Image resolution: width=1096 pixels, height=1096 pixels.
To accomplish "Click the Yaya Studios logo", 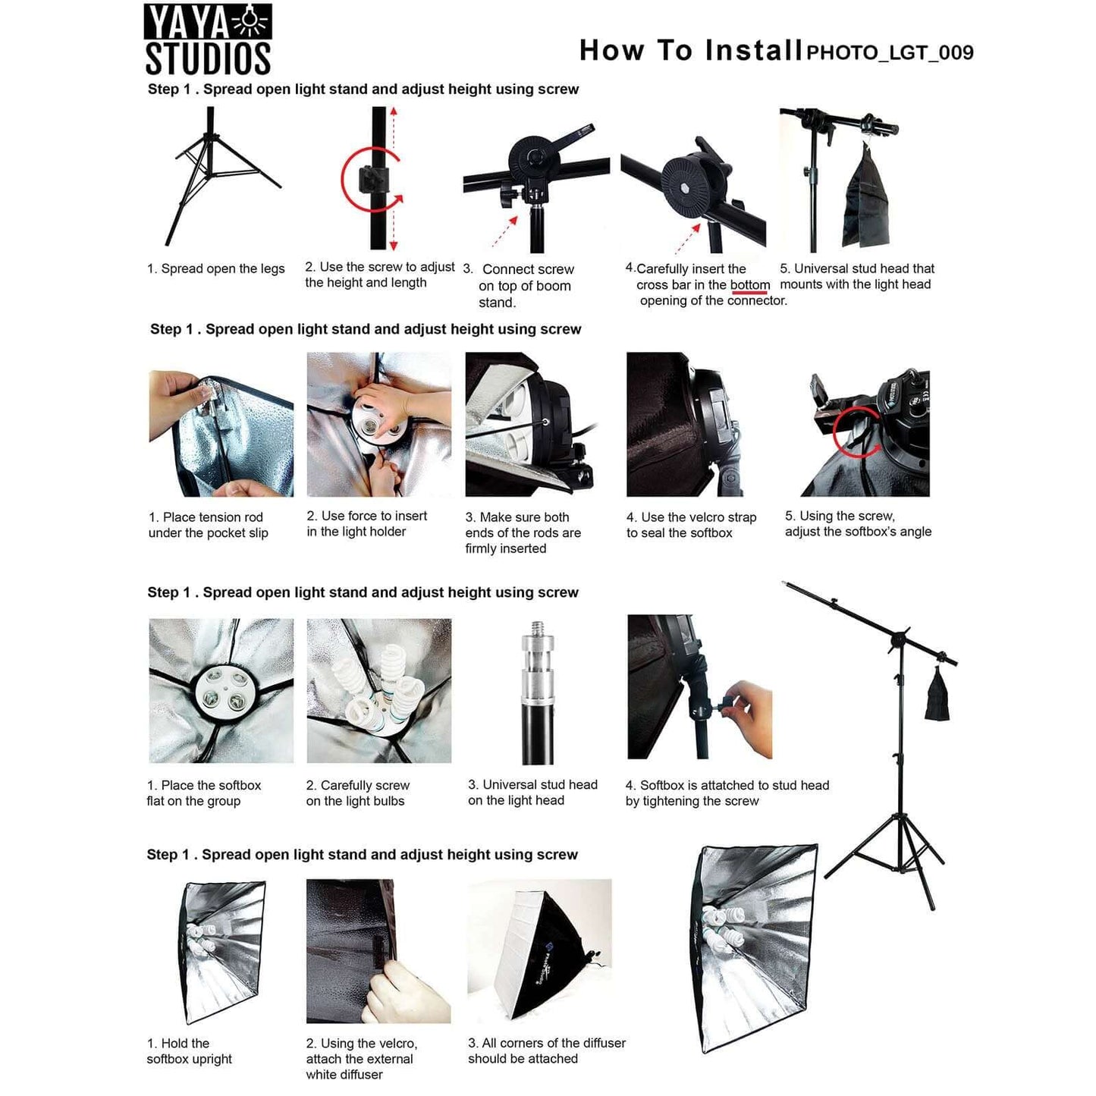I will (207, 40).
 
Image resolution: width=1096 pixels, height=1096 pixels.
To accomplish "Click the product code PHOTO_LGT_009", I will (889, 52).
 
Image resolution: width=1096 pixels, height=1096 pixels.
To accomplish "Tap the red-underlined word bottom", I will (749, 285).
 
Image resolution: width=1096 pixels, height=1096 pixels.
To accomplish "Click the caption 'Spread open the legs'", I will (215, 269).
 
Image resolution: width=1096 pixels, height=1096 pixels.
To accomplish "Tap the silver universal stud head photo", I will (537, 692).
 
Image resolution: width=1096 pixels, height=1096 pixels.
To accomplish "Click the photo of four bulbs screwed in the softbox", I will (378, 690).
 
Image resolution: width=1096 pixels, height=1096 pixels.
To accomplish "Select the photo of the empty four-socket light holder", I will (221, 690).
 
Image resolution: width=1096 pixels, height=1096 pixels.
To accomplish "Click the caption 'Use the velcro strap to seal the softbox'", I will (691, 525).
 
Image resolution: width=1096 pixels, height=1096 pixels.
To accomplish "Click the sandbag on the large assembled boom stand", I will (937, 696).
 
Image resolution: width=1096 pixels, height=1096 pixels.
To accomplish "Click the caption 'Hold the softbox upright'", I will (190, 1051).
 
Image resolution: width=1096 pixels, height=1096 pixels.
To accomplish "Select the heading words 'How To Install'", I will (690, 51).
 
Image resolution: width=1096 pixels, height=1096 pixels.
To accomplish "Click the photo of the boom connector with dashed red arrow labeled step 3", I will (536, 182).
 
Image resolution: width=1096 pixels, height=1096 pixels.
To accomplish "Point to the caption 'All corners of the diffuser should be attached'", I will (546, 1050).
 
